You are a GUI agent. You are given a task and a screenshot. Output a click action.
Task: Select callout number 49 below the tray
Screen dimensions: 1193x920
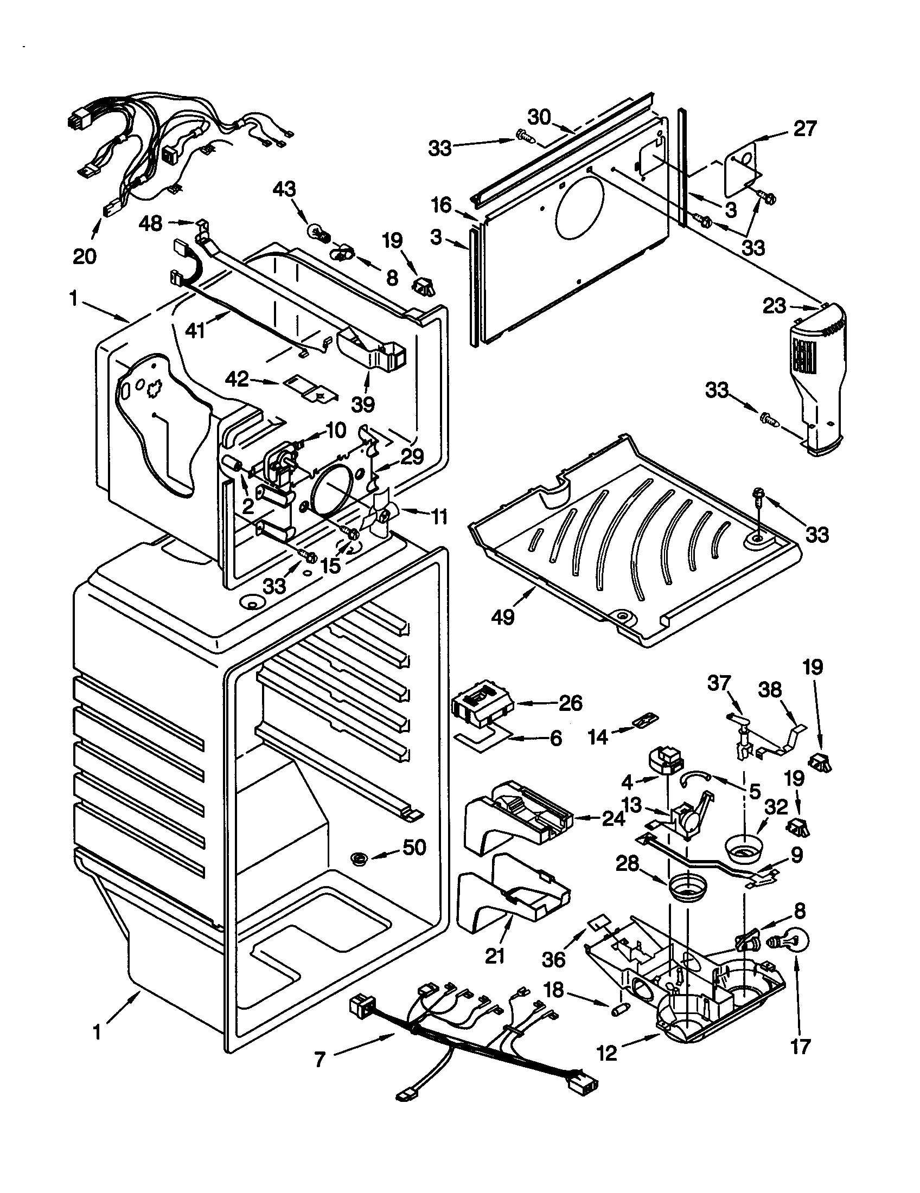click(x=503, y=617)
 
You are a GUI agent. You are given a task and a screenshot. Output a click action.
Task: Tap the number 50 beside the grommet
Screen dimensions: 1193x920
click(x=414, y=847)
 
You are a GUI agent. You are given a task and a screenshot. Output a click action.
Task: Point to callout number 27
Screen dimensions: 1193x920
click(x=804, y=129)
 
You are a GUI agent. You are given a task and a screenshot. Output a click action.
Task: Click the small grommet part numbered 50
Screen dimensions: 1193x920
click(x=359, y=858)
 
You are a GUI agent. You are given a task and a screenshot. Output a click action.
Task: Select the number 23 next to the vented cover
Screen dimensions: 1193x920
click(x=775, y=306)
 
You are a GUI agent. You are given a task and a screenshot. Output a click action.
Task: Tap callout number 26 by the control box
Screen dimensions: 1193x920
click(x=570, y=702)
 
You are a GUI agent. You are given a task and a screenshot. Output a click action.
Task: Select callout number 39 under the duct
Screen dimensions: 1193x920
click(x=362, y=404)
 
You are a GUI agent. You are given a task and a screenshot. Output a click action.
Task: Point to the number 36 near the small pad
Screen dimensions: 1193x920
click(x=553, y=959)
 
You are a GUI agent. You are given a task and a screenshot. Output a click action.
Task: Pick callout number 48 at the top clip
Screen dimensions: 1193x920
click(x=150, y=223)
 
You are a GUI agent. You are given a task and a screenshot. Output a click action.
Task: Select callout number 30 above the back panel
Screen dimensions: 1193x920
click(x=539, y=117)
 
